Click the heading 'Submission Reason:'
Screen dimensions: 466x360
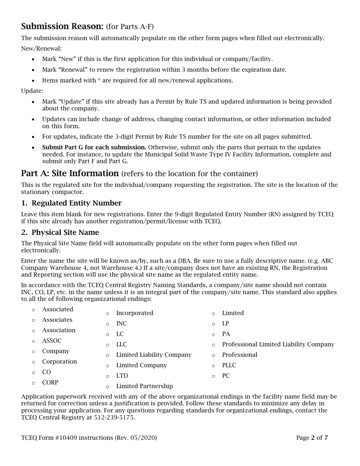coord(62,26)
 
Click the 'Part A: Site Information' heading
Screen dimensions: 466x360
coord(70,174)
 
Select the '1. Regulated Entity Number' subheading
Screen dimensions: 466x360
coord(71,203)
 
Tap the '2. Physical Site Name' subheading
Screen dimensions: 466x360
coord(60,232)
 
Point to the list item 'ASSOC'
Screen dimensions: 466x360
coord(52,341)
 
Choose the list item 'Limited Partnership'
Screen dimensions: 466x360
coord(144,386)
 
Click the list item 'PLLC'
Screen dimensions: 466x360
coord(229,365)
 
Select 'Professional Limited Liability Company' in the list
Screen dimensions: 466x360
coord(278,344)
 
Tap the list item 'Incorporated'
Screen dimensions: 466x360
coord(135,313)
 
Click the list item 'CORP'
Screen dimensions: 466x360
coord(50,383)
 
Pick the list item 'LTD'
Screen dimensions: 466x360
coord(122,376)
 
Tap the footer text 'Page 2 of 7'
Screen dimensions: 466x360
coord(312,438)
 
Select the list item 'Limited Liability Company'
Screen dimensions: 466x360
coord(153,355)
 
